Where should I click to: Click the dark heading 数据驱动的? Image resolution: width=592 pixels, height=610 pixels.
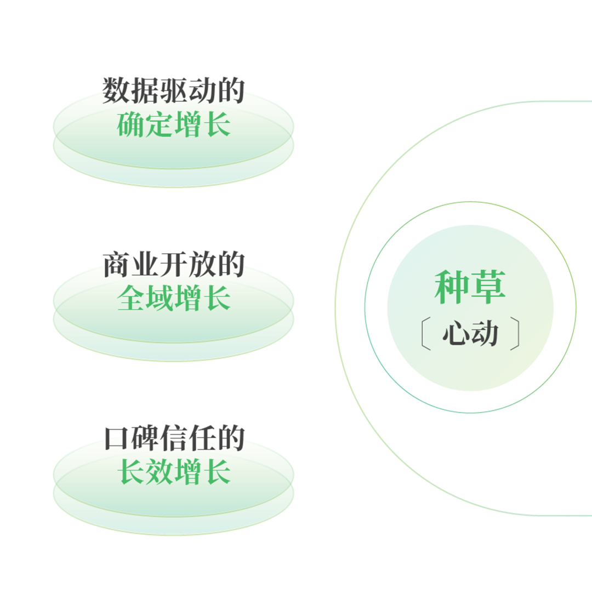(x=173, y=90)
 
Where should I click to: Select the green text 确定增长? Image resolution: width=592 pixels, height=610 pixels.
(x=173, y=125)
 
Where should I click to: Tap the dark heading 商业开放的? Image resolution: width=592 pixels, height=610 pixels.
(x=173, y=265)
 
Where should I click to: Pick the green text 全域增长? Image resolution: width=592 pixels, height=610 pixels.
(x=173, y=299)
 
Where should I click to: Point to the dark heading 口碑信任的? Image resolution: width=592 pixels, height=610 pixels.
(x=173, y=438)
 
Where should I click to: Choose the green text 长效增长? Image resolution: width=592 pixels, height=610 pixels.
(x=173, y=472)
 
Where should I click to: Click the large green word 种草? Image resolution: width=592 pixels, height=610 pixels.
(x=470, y=287)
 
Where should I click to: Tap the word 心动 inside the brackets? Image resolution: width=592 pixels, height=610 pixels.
(x=470, y=333)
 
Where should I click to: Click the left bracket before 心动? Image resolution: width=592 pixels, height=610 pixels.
(x=424, y=334)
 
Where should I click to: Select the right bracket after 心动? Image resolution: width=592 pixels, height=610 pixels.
(x=515, y=334)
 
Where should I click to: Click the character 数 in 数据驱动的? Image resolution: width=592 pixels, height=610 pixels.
(x=116, y=90)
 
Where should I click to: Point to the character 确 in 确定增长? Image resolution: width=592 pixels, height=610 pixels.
(x=130, y=125)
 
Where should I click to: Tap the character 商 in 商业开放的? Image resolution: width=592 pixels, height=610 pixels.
(x=116, y=265)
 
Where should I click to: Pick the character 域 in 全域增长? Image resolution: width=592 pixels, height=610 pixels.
(x=159, y=299)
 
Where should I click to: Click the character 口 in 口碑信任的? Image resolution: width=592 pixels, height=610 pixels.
(x=116, y=438)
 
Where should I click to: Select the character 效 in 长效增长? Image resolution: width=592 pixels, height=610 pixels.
(x=159, y=472)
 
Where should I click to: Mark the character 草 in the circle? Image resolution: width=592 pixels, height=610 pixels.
(x=488, y=287)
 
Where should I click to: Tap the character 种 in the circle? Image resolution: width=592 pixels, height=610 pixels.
(x=452, y=287)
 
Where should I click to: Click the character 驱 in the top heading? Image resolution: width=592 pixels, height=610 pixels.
(x=173, y=90)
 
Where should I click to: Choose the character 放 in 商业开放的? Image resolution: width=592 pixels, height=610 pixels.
(x=202, y=265)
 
